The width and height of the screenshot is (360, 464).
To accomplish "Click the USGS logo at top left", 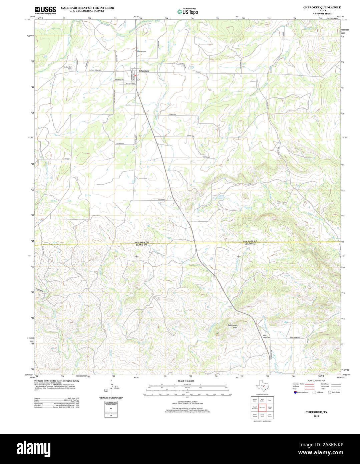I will [x=45, y=10].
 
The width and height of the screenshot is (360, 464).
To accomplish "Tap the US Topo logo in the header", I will [x=188, y=11].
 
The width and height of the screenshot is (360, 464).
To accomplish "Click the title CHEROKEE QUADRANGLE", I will [x=317, y=7].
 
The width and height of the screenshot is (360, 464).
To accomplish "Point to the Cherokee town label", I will [x=144, y=71].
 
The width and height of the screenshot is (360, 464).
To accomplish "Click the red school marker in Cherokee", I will [x=136, y=76].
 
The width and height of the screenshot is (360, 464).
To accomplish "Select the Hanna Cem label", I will [x=141, y=51].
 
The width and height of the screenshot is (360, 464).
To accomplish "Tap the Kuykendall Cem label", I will [x=68, y=68].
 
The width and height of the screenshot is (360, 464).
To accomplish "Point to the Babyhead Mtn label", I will [x=232, y=326].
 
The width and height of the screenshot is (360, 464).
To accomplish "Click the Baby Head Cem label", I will [x=266, y=336].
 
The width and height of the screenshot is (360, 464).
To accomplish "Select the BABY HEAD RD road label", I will [x=295, y=338].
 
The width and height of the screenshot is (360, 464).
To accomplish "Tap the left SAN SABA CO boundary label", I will [x=142, y=242].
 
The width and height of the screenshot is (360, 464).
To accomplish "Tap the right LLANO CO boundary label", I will [x=250, y=244].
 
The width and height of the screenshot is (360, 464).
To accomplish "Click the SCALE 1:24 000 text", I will [x=186, y=381].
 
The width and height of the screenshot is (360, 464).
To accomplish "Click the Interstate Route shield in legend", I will [x=295, y=393].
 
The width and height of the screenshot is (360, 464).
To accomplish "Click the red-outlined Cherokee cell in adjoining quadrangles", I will [x=262, y=408].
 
